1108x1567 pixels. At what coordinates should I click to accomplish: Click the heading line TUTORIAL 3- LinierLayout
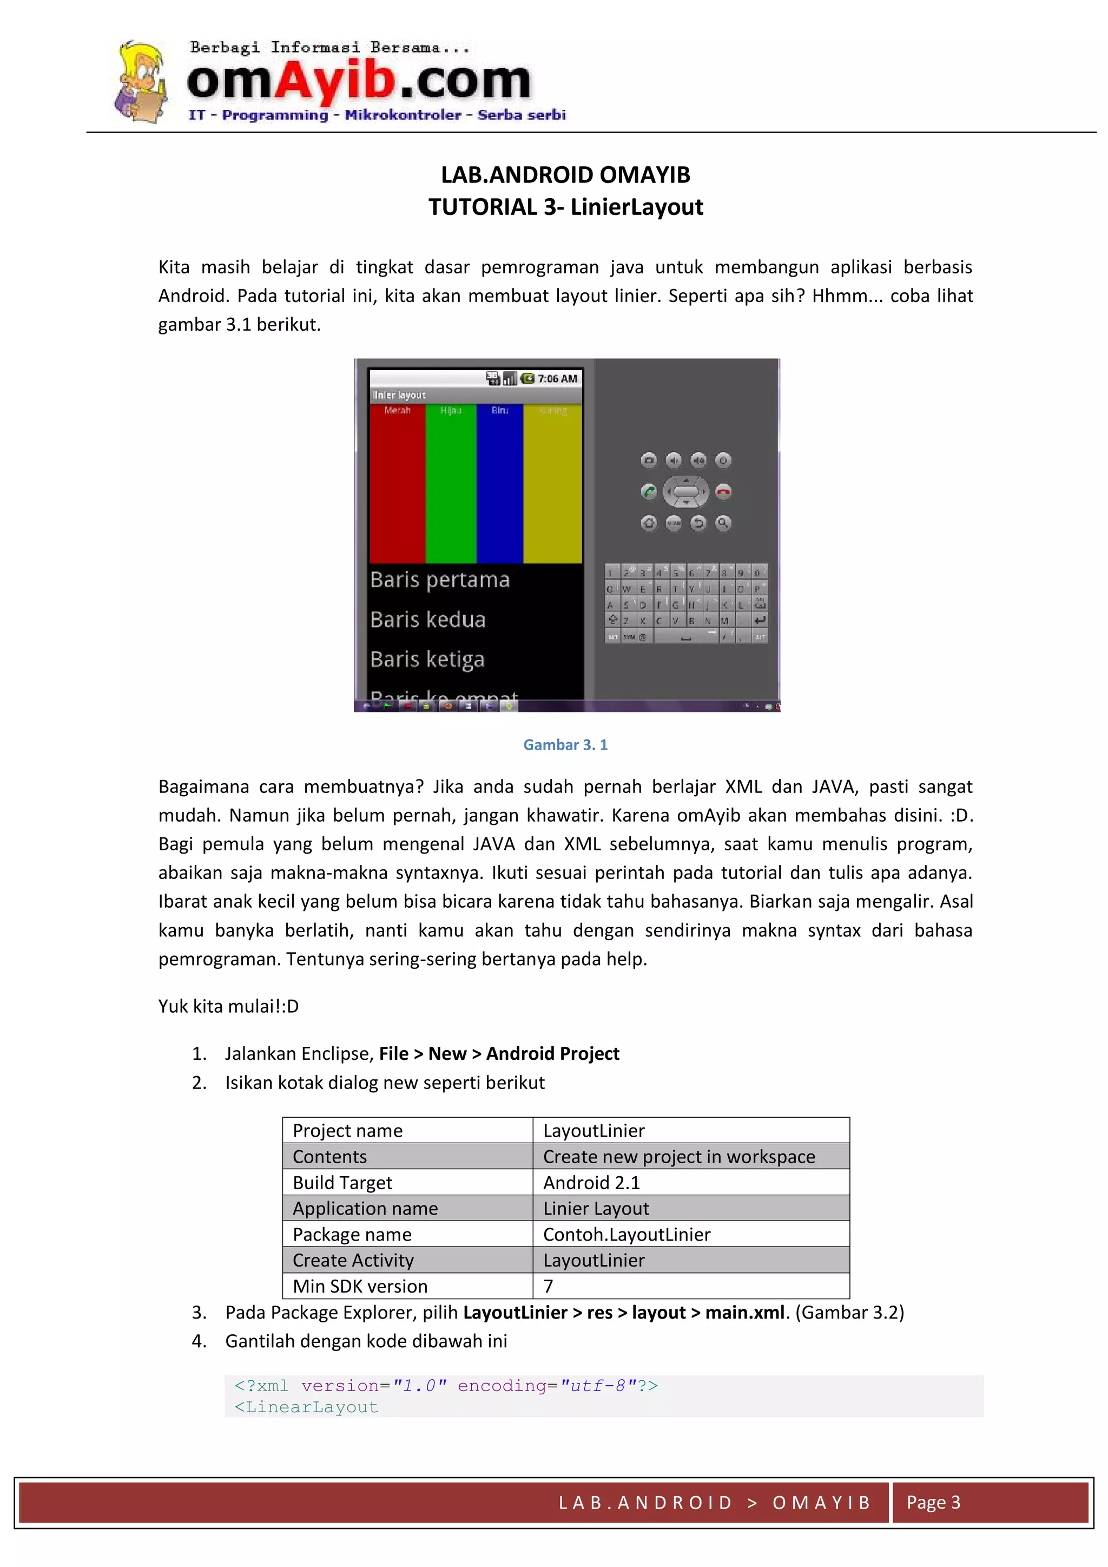coord(565,207)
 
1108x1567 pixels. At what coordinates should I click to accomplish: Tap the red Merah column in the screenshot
coord(397,484)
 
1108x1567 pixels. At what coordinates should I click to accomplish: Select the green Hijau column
coord(450,484)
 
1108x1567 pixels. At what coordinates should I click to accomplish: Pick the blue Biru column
coord(499,484)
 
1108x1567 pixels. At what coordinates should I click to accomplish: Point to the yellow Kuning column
coord(552,484)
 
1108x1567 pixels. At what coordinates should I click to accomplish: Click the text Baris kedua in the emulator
coord(428,620)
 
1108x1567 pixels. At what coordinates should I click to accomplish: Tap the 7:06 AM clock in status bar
coord(557,379)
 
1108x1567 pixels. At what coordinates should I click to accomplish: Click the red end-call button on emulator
coord(723,491)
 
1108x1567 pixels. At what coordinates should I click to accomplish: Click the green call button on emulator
coord(649,491)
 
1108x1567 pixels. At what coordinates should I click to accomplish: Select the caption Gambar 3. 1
coord(565,745)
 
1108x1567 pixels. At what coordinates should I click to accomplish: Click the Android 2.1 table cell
coord(591,1183)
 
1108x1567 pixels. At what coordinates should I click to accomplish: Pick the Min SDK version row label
coord(360,1287)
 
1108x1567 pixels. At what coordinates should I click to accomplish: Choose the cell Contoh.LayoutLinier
coord(626,1235)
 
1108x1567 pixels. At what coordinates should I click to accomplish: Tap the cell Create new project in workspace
coord(678,1157)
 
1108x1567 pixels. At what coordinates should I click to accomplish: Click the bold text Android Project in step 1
coord(552,1054)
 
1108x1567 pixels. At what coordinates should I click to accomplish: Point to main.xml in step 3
coord(744,1313)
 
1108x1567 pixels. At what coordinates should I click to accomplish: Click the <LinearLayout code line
coord(306,1407)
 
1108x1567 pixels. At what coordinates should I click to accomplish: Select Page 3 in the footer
coord(933,1503)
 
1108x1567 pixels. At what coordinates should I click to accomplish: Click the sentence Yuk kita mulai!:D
coord(228,1007)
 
